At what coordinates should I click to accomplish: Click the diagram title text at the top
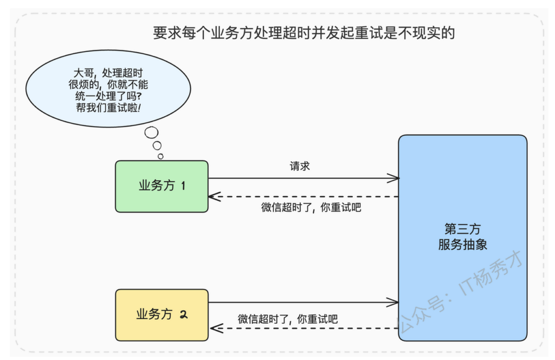(x=304, y=33)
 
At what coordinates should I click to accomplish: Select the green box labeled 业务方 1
(x=162, y=187)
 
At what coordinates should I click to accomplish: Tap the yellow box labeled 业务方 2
(x=162, y=315)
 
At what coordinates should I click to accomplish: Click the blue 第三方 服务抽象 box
(x=463, y=238)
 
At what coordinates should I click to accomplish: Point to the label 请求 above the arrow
(x=300, y=166)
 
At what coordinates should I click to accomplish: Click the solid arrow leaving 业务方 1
(x=304, y=178)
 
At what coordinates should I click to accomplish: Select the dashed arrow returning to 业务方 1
(x=304, y=196)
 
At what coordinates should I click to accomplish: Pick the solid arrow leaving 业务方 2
(x=304, y=302)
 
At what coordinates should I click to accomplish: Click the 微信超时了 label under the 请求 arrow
(x=311, y=207)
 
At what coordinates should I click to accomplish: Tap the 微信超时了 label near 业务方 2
(x=288, y=319)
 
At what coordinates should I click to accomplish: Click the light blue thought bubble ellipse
(x=108, y=89)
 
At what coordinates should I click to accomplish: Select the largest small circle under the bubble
(x=152, y=132)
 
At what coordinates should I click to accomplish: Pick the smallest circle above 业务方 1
(x=160, y=156)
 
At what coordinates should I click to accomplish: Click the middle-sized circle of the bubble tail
(x=157, y=146)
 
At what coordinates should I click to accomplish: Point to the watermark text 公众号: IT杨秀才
(x=460, y=291)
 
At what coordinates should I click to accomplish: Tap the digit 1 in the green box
(x=183, y=186)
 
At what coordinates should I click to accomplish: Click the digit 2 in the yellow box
(x=183, y=314)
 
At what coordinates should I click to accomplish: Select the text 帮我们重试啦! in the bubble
(x=108, y=108)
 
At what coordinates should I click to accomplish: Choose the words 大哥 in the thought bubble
(x=83, y=73)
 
